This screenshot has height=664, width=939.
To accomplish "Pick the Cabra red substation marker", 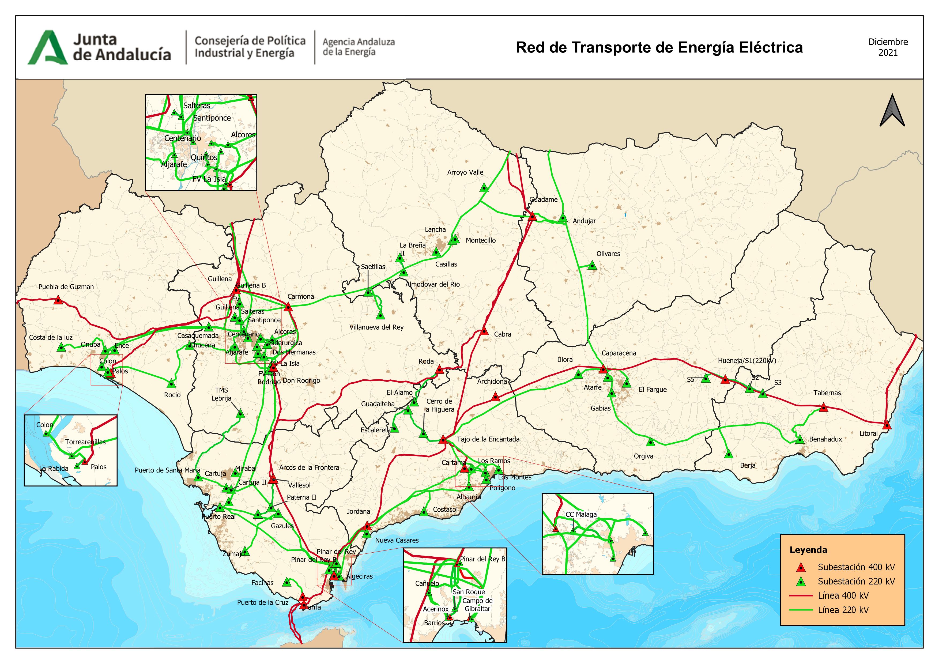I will tap(484, 331).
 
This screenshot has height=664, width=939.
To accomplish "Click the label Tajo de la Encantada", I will tap(488, 439).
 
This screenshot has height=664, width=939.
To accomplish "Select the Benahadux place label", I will tap(825, 439).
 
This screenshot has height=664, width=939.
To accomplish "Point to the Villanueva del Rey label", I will tap(376, 327).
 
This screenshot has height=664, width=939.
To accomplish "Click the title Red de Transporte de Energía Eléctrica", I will tap(659, 47).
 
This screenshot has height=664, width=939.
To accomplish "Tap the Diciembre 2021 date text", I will tap(888, 47).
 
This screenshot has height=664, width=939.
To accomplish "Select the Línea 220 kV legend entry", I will tap(843, 610).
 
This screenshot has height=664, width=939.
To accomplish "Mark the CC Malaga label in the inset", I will tap(581, 514).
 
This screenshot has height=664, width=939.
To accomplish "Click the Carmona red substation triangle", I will tap(288, 307).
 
